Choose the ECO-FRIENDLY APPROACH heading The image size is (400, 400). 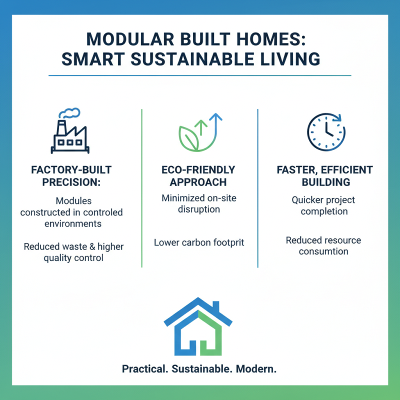click(199, 176)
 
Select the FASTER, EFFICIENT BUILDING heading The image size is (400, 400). click(324, 176)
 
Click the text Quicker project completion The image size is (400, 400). click(323, 205)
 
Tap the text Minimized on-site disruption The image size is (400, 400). click(199, 203)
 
